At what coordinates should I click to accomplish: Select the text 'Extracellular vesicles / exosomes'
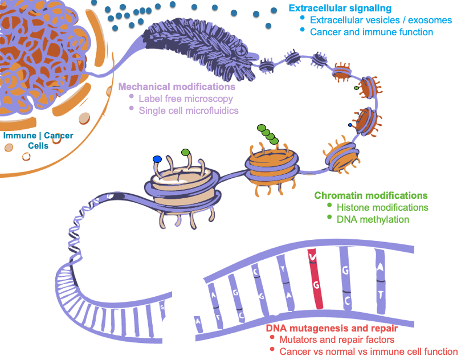point(381,21)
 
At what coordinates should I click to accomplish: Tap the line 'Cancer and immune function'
point(372,32)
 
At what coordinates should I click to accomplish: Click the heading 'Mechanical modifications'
point(177,87)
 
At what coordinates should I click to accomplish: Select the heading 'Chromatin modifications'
point(371,195)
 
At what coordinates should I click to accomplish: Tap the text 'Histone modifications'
point(382,207)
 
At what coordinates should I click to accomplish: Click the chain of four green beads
point(267,133)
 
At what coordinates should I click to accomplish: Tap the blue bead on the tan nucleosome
point(157,159)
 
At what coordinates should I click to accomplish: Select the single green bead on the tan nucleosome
point(185,152)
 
